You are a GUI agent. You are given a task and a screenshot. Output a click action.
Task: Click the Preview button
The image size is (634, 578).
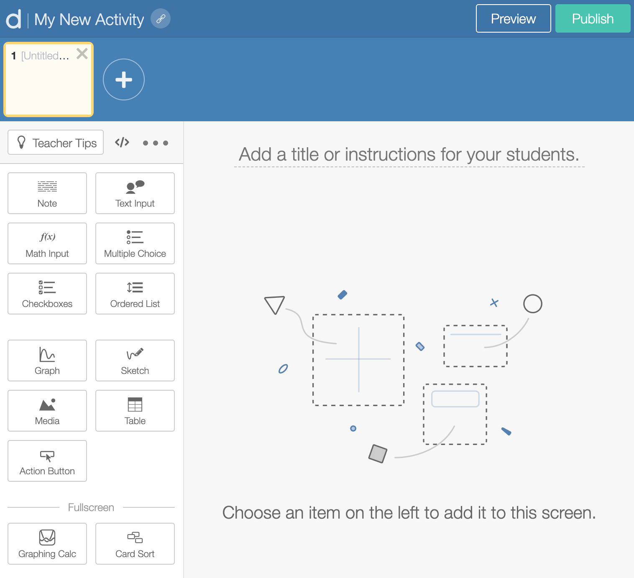[513, 18]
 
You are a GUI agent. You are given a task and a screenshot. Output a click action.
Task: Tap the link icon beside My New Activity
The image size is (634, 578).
[161, 18]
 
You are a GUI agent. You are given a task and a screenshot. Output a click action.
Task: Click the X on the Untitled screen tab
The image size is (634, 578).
[82, 54]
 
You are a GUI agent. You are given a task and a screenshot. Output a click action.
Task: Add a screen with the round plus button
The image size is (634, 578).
[124, 79]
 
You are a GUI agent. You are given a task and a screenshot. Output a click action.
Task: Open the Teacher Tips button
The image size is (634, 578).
[56, 143]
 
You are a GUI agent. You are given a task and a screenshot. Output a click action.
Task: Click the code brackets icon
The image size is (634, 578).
[122, 143]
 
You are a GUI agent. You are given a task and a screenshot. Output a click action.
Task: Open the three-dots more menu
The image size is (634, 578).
[155, 143]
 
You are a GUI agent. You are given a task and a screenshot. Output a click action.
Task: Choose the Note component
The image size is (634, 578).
[47, 193]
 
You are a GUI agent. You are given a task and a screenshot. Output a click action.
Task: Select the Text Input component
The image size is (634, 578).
[135, 193]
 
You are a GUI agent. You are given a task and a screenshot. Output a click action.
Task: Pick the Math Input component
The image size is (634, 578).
[47, 243]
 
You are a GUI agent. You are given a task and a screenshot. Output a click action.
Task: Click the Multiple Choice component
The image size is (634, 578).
[135, 243]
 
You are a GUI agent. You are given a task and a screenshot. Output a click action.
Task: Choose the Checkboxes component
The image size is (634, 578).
[47, 294]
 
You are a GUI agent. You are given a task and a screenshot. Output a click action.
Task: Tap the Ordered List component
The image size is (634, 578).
[135, 294]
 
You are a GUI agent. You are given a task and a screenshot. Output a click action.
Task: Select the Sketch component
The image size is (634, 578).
[135, 361]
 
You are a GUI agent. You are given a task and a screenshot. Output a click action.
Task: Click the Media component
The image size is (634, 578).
[47, 411]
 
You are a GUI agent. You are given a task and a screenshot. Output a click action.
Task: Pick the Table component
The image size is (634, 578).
[135, 411]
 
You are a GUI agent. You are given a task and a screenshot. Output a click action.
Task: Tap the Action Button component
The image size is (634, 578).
[47, 461]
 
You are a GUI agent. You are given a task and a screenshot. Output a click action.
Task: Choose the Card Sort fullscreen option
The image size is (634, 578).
[135, 544]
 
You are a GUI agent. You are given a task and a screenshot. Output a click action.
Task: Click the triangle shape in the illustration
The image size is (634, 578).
[275, 304]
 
